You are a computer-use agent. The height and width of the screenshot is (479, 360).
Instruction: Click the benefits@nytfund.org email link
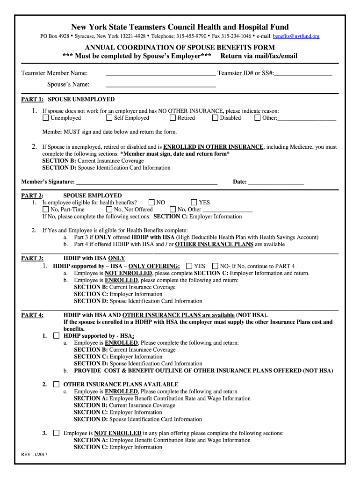[x=296, y=36]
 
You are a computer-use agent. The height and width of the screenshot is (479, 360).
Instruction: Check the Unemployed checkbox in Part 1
[x=46, y=118]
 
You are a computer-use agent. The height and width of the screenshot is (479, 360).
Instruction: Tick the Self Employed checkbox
[x=109, y=118]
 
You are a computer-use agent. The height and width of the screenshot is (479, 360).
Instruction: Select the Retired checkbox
[x=173, y=118]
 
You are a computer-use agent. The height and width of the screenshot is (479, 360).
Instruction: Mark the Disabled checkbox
[x=215, y=118]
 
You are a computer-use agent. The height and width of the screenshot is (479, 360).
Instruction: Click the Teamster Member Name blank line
[x=161, y=73]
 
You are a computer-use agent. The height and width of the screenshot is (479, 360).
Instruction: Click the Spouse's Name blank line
[x=161, y=85]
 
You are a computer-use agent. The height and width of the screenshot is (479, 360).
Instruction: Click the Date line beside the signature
[x=276, y=182]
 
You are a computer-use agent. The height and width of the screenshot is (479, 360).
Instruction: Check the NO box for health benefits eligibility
[x=151, y=203]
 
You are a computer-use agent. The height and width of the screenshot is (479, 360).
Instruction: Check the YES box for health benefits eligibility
[x=194, y=203]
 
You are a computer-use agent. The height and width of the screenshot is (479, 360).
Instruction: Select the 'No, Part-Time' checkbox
[x=46, y=210]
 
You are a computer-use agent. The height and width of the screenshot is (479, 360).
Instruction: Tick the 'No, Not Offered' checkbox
[x=109, y=210]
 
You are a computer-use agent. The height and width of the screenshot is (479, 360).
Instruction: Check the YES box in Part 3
[x=189, y=266]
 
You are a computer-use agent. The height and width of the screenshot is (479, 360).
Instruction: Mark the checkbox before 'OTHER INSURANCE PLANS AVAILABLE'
[x=56, y=384]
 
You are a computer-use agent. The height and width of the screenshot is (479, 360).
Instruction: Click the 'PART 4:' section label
[x=32, y=315]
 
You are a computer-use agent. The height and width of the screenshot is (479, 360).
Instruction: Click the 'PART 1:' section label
[x=33, y=100]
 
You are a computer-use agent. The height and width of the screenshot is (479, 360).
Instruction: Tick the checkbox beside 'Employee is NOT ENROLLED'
[x=56, y=433]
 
